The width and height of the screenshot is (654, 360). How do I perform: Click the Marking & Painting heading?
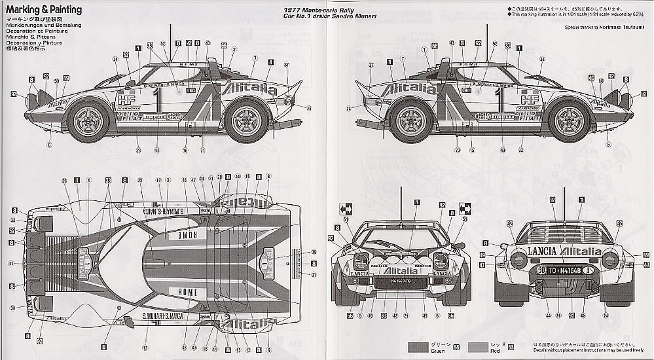(x=44, y=10)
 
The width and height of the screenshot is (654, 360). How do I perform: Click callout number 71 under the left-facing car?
(x=202, y=151)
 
